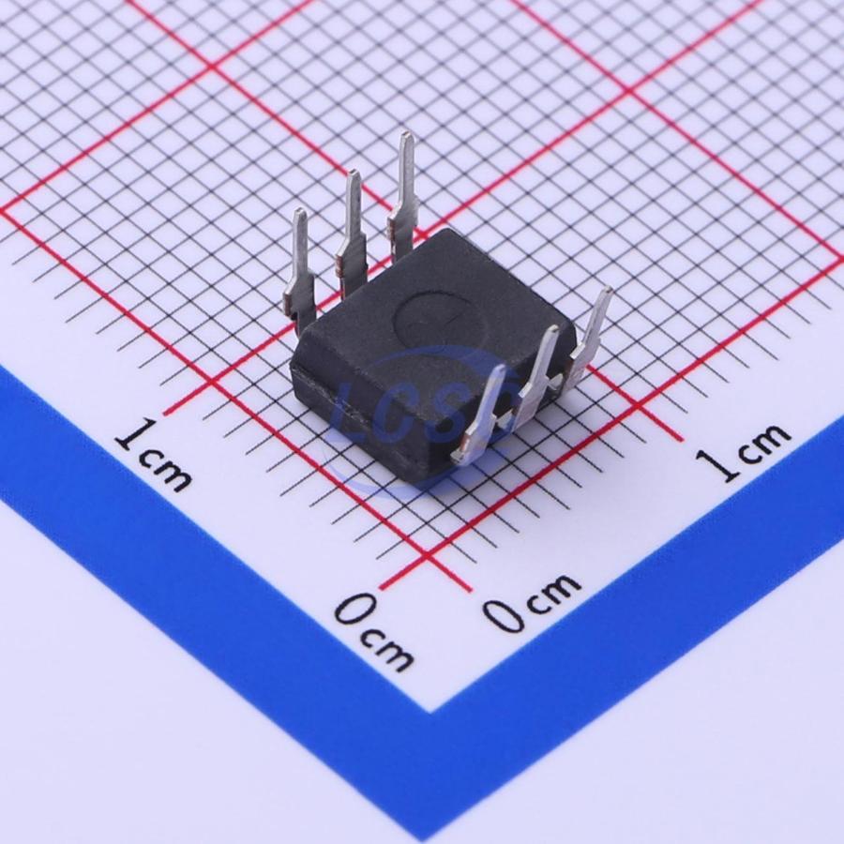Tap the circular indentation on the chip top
click(x=440, y=322)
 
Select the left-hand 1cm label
click(x=153, y=457)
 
